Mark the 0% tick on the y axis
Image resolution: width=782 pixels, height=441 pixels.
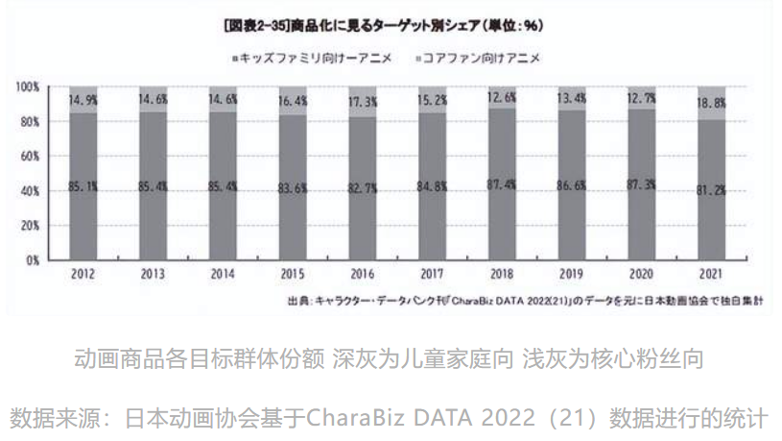point(33,259)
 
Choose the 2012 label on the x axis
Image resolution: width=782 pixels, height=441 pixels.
point(82,274)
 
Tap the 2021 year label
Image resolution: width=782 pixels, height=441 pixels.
point(711,274)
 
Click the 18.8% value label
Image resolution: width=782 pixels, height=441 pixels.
point(711,103)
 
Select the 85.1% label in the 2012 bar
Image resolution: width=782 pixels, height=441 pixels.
point(82,186)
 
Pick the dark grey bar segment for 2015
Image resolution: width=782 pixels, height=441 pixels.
point(293,221)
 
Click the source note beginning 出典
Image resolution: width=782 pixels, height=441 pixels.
point(524,301)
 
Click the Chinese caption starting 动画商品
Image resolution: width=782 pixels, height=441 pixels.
point(390,359)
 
